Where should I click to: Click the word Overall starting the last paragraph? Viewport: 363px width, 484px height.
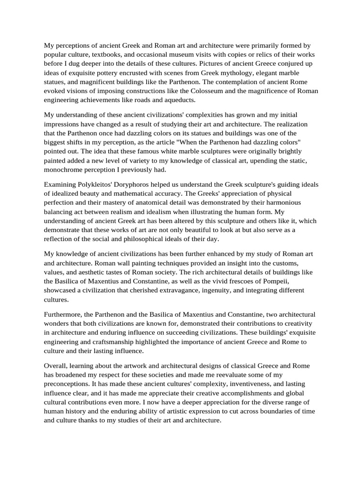56,366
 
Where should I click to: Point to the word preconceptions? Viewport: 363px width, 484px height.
69,384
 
